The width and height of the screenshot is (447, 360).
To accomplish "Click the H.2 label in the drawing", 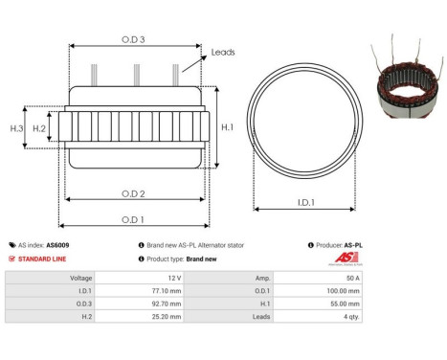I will coord(39,127).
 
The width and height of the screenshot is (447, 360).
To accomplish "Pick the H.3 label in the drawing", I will coord(16,127).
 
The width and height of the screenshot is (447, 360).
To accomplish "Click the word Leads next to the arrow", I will coord(223,53).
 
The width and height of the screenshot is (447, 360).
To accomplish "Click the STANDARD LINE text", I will coord(42,259).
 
